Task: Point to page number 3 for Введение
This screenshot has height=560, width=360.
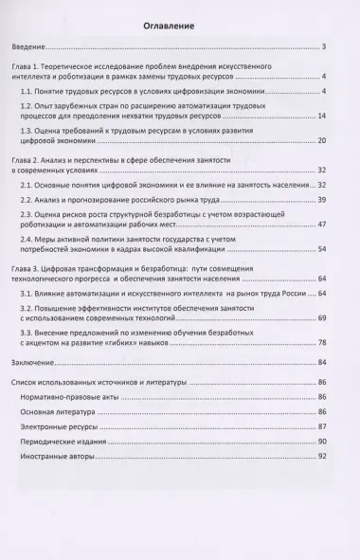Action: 324,46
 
